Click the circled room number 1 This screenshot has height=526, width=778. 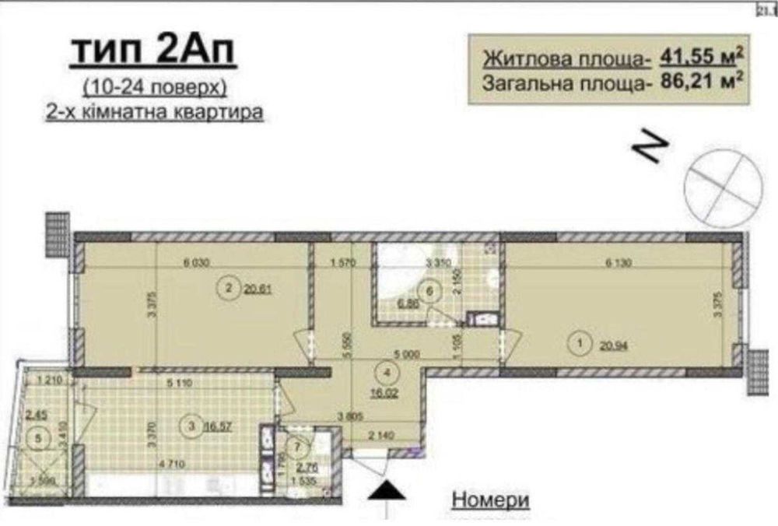[x=580, y=340]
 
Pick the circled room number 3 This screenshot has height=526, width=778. [x=190, y=425]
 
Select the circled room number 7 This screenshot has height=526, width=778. [x=295, y=447]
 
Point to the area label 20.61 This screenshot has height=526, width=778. [x=257, y=290]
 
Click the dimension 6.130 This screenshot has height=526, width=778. [x=620, y=263]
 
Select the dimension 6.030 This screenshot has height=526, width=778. [x=195, y=263]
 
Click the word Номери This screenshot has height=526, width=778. [x=490, y=498]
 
